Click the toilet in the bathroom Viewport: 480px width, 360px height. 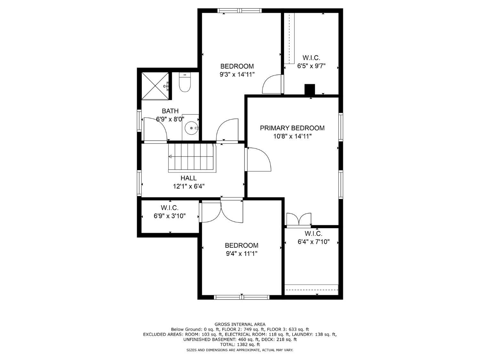(185, 83)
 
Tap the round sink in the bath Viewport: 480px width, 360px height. (191, 128)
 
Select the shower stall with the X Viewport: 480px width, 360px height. (155, 86)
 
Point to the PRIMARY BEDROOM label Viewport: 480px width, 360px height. (292, 128)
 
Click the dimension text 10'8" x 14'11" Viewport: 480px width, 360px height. (292, 136)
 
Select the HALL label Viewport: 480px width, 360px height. (188, 178)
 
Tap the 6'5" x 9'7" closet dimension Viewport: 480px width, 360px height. (311, 66)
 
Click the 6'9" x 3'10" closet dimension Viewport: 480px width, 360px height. (170, 216)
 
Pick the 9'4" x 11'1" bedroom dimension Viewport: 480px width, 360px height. (241, 254)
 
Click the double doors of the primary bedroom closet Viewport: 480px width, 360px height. (299, 220)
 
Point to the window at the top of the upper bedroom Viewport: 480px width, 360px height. (239, 11)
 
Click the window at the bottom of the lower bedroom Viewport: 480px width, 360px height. (242, 297)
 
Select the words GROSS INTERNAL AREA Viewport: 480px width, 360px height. (240, 324)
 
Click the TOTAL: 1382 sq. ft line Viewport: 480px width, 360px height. (240, 345)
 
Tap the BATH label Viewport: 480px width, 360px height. (170, 111)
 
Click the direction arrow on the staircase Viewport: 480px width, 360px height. (171, 156)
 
